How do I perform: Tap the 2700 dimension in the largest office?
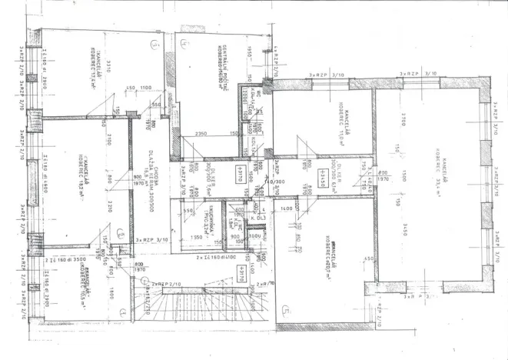pyautogui.click(x=403, y=120)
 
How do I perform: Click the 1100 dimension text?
pyautogui.click(x=146, y=88)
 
